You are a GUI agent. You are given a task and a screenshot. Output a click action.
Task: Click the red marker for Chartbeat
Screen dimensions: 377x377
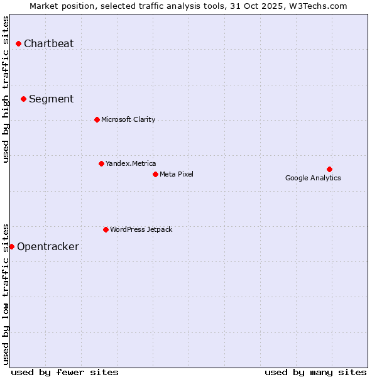tap(19, 43)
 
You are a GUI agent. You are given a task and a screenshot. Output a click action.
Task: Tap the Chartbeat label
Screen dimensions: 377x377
tap(48, 44)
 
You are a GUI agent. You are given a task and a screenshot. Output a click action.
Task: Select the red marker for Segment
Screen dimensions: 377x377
tap(23, 99)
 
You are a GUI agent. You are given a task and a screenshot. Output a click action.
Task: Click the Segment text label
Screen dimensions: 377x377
tap(51, 99)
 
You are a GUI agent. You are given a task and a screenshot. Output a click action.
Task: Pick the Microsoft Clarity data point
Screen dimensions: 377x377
tap(97, 119)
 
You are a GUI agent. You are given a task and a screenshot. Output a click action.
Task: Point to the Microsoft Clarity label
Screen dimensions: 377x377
tap(128, 120)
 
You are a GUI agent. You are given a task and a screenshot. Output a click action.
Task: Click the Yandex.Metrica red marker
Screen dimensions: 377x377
tap(101, 163)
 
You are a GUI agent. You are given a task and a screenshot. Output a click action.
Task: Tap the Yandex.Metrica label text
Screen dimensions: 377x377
tap(131, 164)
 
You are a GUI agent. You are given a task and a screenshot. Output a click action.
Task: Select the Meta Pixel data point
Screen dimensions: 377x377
tap(155, 174)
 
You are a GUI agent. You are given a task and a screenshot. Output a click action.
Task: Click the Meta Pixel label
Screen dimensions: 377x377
tap(177, 175)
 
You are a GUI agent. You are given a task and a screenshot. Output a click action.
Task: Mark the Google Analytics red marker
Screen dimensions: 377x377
tap(329, 169)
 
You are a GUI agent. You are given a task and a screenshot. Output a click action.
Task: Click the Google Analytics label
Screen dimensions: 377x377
tap(313, 178)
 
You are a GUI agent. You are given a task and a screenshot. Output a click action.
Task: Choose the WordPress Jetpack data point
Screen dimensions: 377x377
tap(106, 229)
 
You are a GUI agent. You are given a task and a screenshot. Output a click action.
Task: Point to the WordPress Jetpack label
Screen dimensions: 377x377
tap(141, 230)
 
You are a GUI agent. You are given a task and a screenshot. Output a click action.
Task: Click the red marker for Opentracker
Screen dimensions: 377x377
tap(11, 246)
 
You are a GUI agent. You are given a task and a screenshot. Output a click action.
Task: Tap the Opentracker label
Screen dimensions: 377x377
tap(48, 247)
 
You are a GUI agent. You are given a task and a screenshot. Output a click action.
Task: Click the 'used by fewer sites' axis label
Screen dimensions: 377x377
tap(65, 373)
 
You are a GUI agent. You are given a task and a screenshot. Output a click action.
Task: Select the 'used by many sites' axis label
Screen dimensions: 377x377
tap(315, 373)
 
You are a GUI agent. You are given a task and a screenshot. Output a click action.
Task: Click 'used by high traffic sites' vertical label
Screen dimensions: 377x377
tap(6, 89)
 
